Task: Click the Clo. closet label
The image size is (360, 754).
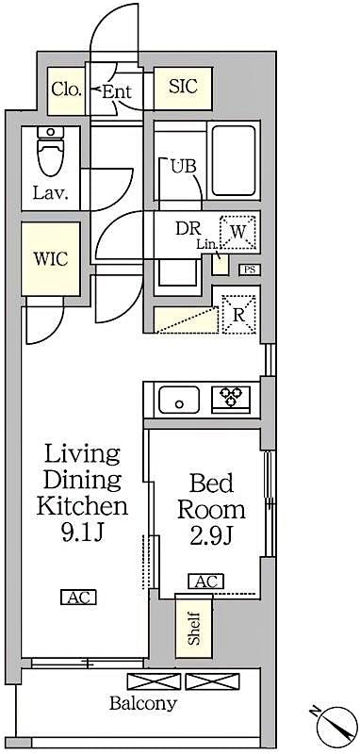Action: click(x=66, y=90)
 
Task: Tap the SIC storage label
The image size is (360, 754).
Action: click(x=182, y=88)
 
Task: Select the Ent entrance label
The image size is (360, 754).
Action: click(x=116, y=91)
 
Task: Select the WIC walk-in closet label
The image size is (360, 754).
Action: click(x=50, y=259)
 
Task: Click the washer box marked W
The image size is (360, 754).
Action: click(x=237, y=231)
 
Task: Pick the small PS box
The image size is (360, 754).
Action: click(x=249, y=270)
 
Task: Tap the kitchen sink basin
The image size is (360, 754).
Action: click(x=179, y=401)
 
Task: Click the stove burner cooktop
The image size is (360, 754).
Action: click(x=231, y=399)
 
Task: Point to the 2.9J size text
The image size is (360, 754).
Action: click(x=211, y=541)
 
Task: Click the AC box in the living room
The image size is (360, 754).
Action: click(x=78, y=597)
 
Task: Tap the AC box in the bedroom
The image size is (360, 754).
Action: click(x=205, y=582)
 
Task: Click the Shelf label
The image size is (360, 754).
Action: click(x=194, y=628)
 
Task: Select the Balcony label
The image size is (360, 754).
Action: click(x=141, y=703)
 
